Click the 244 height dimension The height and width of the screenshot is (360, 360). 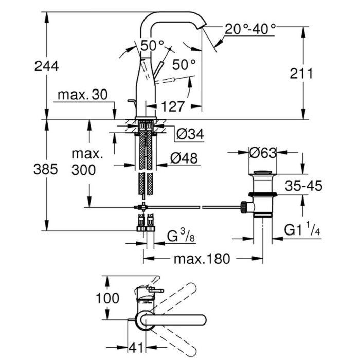47,66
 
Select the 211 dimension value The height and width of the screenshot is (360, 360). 301,74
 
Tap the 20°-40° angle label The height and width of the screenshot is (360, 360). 250,29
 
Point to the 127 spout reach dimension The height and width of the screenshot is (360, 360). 173,106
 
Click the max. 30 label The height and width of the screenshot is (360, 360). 83,94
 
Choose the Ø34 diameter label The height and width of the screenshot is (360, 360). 190,134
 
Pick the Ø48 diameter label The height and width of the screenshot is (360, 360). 184,158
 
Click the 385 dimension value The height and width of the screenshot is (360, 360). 46,169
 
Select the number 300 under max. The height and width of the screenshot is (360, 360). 83,170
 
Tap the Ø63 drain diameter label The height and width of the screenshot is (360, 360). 263,153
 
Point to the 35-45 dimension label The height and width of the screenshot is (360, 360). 304,186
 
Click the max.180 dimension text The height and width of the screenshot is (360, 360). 202,259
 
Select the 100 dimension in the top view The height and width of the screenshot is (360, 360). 107,298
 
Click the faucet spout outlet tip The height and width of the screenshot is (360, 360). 202,26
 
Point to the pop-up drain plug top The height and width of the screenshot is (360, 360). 263,172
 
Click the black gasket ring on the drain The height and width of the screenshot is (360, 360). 263,195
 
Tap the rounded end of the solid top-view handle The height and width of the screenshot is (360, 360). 203,320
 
